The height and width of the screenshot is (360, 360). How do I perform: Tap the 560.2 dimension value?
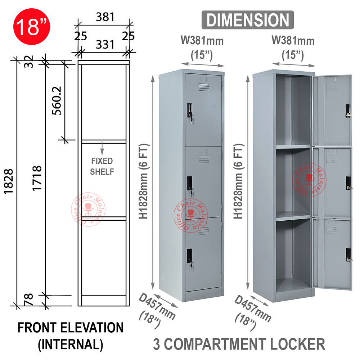tap(57, 100)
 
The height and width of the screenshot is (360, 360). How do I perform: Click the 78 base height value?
tap(29, 299)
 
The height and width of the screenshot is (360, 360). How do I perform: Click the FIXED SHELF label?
tap(102, 166)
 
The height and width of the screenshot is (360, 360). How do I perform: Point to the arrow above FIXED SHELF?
tap(102, 147)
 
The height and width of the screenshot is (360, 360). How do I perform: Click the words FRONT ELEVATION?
tap(71, 328)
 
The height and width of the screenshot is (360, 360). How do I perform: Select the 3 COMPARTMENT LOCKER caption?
tap(239, 344)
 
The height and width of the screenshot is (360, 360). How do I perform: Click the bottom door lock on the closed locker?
tap(190, 256)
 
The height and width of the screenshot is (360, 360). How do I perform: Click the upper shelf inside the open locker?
tap(293, 147)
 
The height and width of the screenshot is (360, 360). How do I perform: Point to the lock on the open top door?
tap(348, 111)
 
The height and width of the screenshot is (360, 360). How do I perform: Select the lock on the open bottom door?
tap(348, 255)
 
